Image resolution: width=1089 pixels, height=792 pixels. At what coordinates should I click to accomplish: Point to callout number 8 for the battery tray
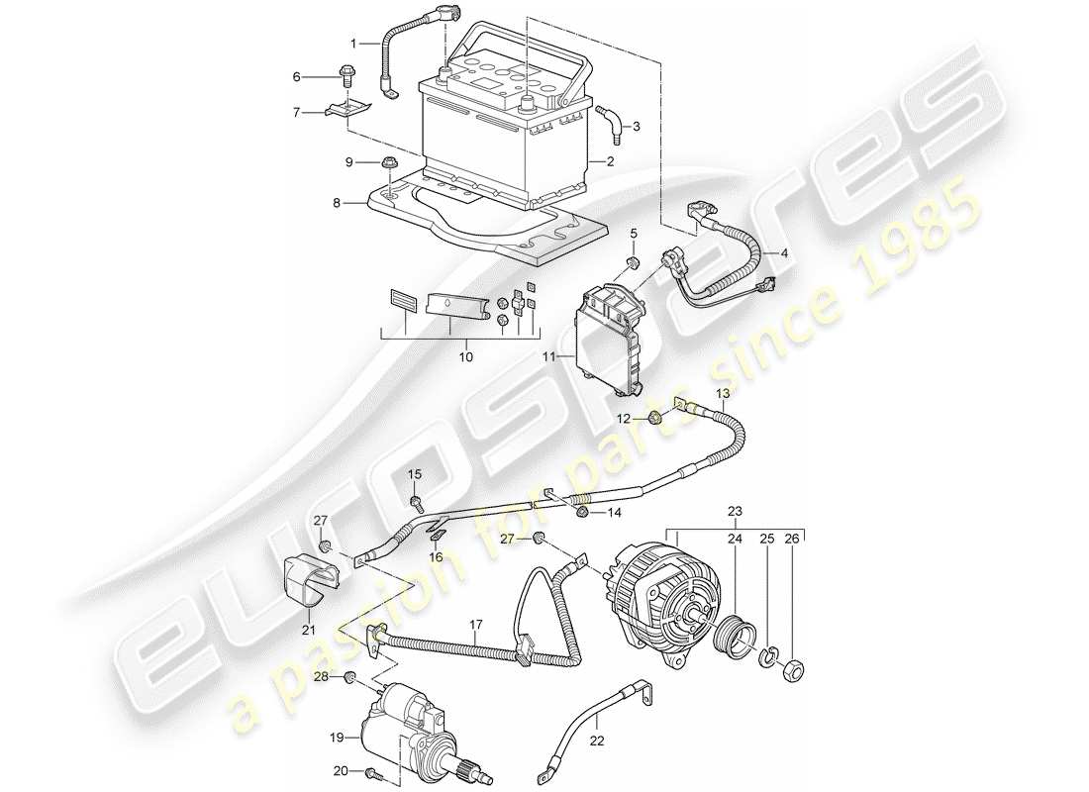coord(336,202)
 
